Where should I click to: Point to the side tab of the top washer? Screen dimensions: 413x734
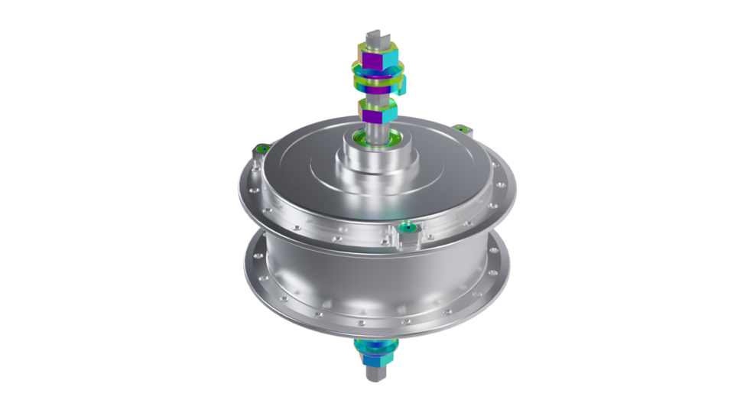click(404, 81)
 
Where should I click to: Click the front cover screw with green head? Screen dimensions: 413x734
click(410, 227)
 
